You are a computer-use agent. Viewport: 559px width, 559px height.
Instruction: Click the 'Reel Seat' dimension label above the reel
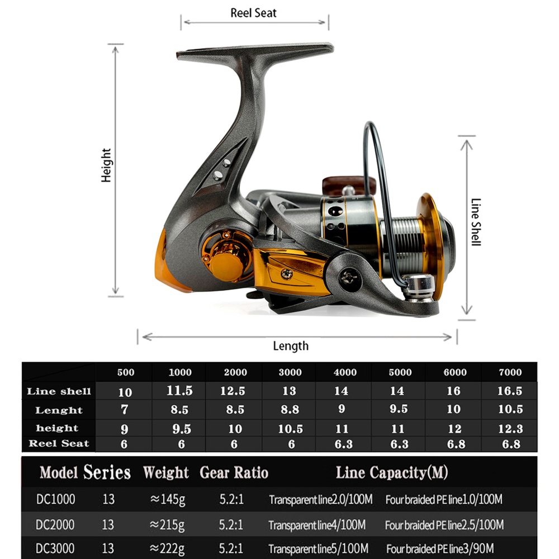[x=253, y=13]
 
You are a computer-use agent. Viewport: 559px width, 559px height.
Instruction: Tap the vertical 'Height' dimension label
[x=106, y=165]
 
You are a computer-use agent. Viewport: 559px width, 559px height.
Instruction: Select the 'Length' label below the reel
[x=290, y=346]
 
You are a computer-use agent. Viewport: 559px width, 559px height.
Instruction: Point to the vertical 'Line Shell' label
[x=476, y=222]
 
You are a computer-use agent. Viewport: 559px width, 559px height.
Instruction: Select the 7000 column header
[x=509, y=372]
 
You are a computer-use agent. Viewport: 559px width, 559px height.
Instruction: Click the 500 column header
[x=125, y=372]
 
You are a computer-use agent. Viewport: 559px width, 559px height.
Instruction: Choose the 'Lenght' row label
[x=59, y=410]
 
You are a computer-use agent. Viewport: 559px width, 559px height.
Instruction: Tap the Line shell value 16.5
[x=509, y=391]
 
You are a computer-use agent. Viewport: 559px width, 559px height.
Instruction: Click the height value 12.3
[x=509, y=429]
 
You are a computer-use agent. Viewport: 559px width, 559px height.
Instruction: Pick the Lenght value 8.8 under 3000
[x=290, y=410]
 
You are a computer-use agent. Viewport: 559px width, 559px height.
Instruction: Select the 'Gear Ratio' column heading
[x=234, y=473]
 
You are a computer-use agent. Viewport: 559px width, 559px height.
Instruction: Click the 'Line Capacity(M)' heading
[x=391, y=473]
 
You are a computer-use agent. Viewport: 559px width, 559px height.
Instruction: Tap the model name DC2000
[x=55, y=525]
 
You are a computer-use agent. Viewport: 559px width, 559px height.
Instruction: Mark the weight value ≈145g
[x=167, y=499]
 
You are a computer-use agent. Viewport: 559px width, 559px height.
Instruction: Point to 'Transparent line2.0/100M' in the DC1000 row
[x=320, y=499]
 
